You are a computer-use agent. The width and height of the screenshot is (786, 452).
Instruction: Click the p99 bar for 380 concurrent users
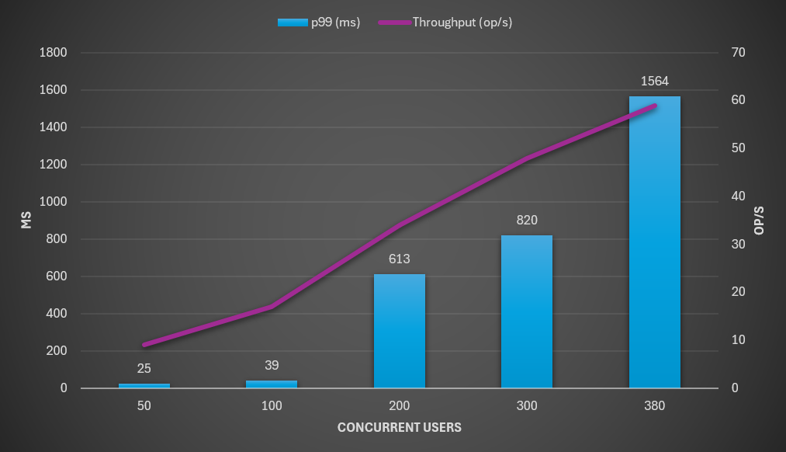coord(654,249)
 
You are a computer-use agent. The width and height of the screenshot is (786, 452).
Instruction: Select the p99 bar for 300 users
coord(527,318)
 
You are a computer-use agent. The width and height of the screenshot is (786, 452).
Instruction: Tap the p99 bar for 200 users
coord(400,334)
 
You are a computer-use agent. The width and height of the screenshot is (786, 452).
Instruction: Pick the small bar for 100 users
coord(272,384)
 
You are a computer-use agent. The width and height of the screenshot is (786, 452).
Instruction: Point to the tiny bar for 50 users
coord(144,385)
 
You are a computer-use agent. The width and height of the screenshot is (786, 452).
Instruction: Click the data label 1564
coord(654,81)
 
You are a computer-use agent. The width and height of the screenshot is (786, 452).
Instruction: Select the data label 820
coord(527,220)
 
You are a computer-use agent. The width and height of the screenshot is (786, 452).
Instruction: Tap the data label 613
coord(400,259)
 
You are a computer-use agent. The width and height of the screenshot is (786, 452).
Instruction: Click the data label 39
coord(272,365)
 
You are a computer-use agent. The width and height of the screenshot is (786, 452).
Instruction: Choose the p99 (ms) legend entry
coord(319,23)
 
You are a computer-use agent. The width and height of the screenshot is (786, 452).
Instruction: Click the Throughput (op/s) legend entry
coord(445,23)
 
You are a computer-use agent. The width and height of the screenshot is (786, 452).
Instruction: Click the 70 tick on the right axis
coord(738,53)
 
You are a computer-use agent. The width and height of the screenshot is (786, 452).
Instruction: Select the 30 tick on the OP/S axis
coord(738,245)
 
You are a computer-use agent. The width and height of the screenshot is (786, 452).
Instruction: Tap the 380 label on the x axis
coord(654,406)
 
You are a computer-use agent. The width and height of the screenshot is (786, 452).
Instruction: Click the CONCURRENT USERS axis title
coord(400,427)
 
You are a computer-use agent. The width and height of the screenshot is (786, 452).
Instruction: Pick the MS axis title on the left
coord(26,221)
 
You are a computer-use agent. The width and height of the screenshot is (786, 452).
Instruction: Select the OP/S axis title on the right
coord(760,221)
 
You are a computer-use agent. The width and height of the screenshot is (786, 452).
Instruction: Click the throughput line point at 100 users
coord(272,307)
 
